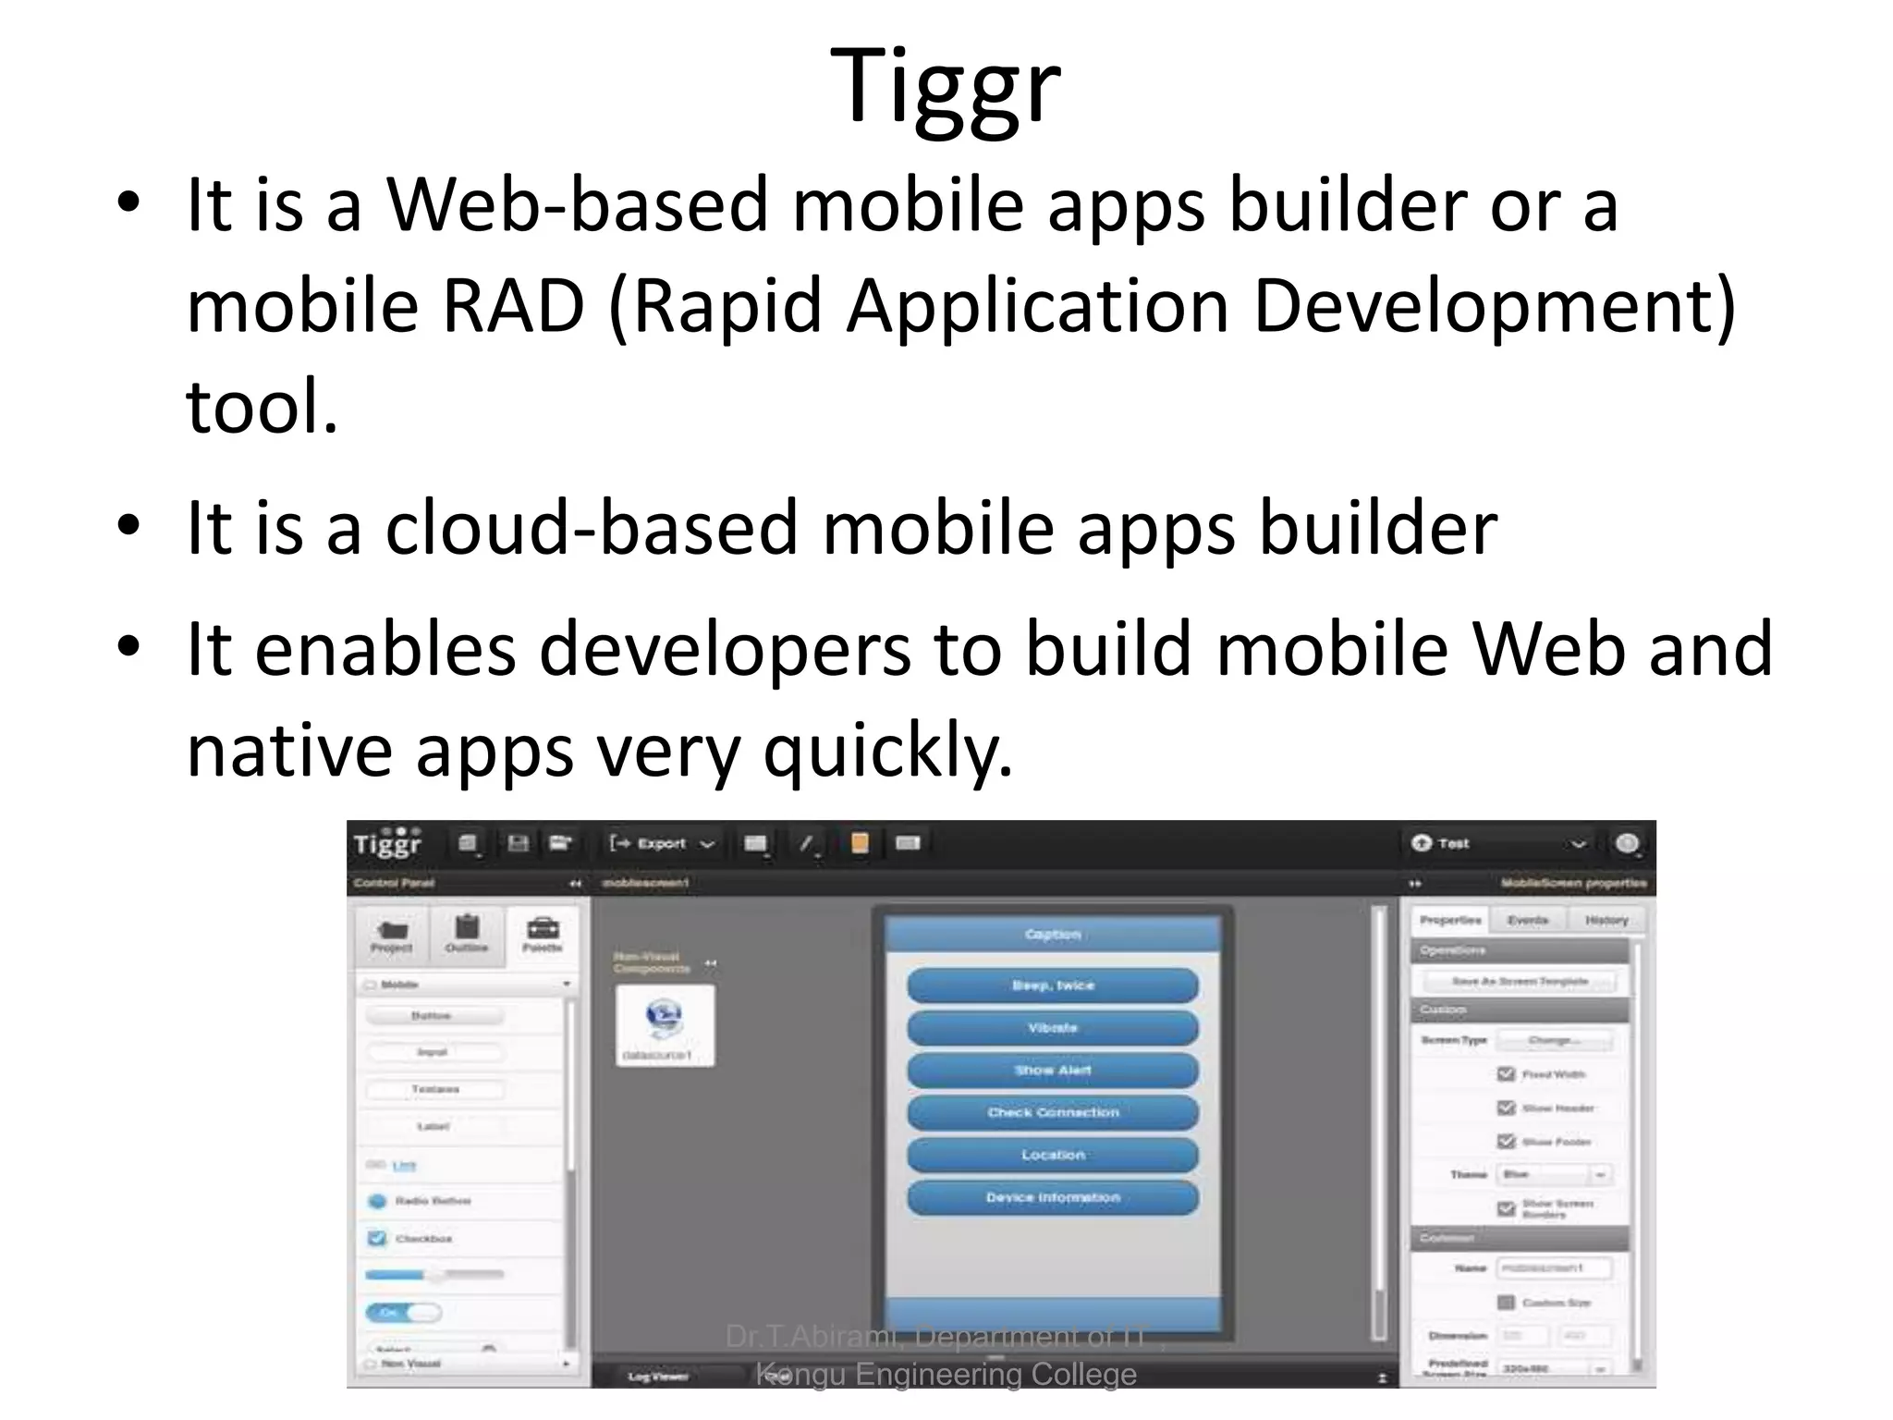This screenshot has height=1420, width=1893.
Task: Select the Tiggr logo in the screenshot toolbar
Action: click(x=388, y=843)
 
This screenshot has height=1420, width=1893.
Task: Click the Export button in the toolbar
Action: click(x=662, y=843)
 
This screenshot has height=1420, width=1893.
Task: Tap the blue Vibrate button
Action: click(x=1052, y=1028)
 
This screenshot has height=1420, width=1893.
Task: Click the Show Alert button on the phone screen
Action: click(x=1052, y=1071)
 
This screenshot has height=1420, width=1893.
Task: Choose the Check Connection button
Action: click(x=1052, y=1112)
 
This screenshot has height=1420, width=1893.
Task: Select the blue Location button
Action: click(x=1052, y=1155)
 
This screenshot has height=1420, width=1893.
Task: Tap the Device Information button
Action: click(x=1052, y=1197)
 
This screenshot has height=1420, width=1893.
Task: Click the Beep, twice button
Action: click(x=1052, y=985)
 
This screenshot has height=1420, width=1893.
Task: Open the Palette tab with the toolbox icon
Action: click(x=543, y=935)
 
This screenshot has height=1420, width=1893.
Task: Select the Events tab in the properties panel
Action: click(x=1527, y=920)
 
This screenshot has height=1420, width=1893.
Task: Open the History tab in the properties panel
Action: click(x=1606, y=920)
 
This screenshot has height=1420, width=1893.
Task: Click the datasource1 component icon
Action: click(x=665, y=1020)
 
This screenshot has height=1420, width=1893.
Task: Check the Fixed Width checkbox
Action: click(x=1506, y=1073)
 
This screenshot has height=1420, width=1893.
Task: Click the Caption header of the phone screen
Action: click(x=1052, y=935)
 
